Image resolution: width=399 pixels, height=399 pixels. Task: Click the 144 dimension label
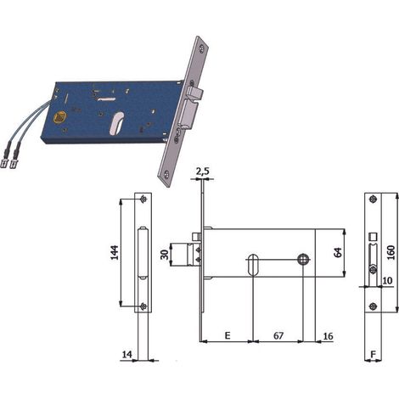114,253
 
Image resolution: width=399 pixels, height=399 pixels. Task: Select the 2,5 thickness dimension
202,171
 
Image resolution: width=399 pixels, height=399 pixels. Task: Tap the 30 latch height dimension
165,254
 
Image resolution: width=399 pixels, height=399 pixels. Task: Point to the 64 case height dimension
338,252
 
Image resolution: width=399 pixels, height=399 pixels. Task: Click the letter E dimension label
228,335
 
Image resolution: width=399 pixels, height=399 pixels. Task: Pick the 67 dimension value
278,335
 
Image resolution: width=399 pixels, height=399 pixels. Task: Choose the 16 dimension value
328,336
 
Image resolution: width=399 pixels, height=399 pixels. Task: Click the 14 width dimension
127,354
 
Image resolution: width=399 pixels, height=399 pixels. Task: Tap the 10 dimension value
387,280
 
